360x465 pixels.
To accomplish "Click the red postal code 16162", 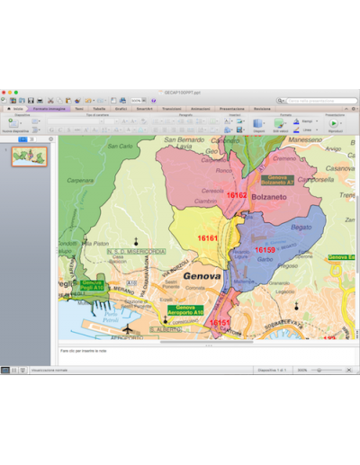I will click(x=237, y=195).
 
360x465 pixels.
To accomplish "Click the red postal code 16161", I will click(x=208, y=238).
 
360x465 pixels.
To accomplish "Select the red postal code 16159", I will click(x=265, y=250).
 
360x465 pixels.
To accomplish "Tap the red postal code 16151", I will click(x=220, y=322).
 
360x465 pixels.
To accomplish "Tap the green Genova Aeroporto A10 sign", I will click(x=185, y=310).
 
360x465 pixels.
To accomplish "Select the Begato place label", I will click(x=301, y=228).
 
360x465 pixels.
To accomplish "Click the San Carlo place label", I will click(x=119, y=146).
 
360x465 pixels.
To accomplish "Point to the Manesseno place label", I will click(x=305, y=140).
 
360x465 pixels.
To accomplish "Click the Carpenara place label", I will click(x=81, y=180).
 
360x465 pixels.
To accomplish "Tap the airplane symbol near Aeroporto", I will click(x=128, y=329).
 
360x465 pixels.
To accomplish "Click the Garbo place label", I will click(x=264, y=259).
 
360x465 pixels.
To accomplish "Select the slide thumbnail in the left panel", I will click(x=30, y=156).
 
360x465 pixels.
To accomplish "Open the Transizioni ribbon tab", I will click(x=171, y=108).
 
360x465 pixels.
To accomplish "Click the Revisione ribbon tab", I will click(x=262, y=108).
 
